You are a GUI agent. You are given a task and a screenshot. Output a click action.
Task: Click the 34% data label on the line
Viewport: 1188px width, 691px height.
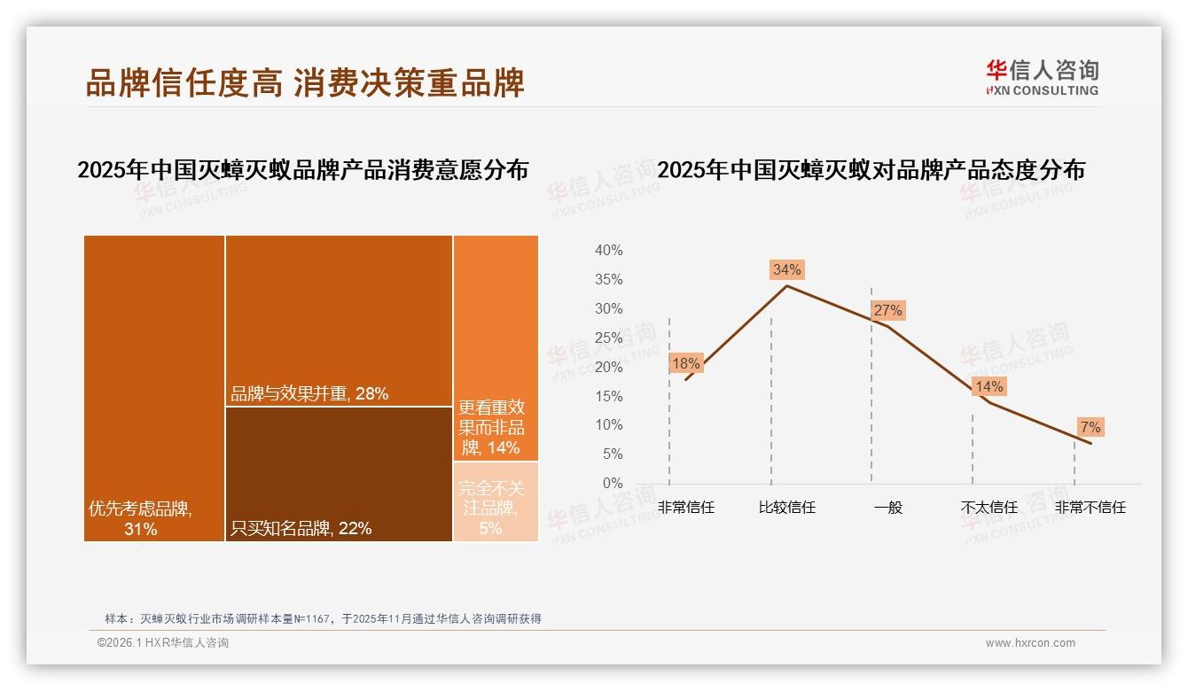pyautogui.click(x=786, y=269)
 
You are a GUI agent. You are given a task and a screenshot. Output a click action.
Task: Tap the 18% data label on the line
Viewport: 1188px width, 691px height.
pyautogui.click(x=685, y=363)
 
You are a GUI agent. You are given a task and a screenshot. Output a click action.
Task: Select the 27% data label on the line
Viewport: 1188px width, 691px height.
pyautogui.click(x=887, y=310)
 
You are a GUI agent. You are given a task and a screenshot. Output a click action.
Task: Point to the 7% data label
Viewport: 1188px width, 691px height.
pyautogui.click(x=1090, y=427)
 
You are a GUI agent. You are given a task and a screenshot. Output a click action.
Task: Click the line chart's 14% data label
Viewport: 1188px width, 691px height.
pyautogui.click(x=989, y=386)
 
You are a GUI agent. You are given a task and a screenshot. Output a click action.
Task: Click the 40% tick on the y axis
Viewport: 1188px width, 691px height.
pyautogui.click(x=608, y=251)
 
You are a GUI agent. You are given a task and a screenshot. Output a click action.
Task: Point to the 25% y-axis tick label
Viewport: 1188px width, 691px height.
pyautogui.click(x=608, y=338)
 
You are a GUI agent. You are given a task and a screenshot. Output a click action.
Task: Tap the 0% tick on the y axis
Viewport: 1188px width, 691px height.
pyautogui.click(x=613, y=483)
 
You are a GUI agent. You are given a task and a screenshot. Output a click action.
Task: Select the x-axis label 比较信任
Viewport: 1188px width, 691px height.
pyautogui.click(x=786, y=508)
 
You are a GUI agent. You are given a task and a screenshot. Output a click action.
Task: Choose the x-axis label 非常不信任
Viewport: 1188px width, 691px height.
pyautogui.click(x=1090, y=508)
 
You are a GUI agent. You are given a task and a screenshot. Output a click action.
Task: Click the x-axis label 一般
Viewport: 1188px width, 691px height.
pyautogui.click(x=887, y=508)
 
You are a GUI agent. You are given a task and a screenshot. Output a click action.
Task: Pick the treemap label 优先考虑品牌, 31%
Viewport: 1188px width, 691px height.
pyautogui.click(x=140, y=518)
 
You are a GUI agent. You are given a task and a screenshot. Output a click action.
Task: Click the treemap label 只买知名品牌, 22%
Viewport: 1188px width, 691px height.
pyautogui.click(x=301, y=528)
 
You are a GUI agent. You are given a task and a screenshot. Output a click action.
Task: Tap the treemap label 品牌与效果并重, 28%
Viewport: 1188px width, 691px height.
pyautogui.click(x=309, y=393)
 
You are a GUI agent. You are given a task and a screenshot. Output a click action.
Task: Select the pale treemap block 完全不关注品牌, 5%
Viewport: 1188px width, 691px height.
pyautogui.click(x=496, y=501)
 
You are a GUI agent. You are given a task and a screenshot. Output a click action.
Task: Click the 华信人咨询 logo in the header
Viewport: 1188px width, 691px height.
pyautogui.click(x=1042, y=77)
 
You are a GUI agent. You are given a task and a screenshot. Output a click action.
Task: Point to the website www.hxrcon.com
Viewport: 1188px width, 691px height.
pyautogui.click(x=1030, y=643)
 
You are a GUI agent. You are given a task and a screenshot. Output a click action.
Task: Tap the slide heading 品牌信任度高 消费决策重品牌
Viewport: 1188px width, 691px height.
pyautogui.click(x=305, y=82)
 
